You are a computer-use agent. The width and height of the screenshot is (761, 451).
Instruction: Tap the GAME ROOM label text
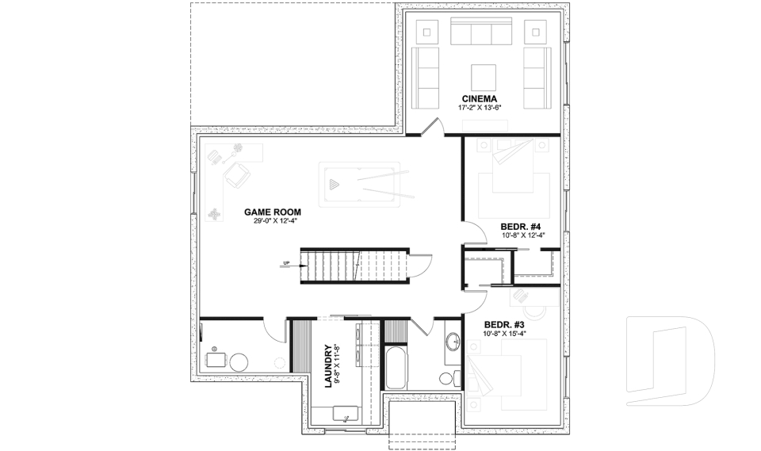[x=272, y=212]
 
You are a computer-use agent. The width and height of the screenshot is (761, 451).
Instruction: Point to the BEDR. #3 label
[x=504, y=325]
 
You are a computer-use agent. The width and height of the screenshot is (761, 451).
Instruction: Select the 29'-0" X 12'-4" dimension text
[x=272, y=221]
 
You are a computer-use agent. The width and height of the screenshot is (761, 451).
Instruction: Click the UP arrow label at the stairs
[x=285, y=264]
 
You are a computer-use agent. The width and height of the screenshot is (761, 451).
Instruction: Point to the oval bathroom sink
[x=453, y=342]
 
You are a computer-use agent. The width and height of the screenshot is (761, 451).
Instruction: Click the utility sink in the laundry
[x=346, y=413]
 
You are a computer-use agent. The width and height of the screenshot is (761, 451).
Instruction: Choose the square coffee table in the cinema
[x=484, y=77]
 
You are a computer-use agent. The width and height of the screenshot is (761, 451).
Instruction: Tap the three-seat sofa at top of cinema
[x=481, y=32]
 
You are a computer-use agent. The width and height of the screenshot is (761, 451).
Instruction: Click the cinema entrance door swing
[x=430, y=128]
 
